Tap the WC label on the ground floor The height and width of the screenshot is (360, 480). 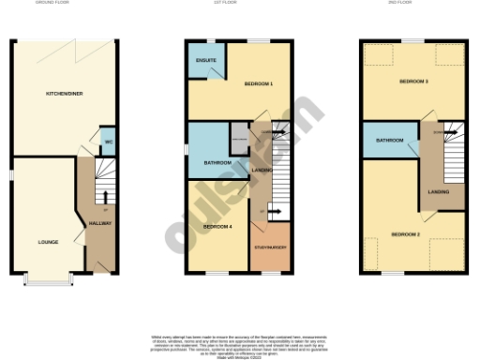108,142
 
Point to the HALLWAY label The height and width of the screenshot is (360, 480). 99,223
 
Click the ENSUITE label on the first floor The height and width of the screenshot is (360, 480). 206,62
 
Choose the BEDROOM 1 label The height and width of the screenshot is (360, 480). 259,83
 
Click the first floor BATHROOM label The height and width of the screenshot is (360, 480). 217,163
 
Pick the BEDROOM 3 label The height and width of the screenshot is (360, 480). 413,82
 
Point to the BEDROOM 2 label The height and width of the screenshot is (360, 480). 405,232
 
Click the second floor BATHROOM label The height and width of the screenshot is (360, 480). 390,141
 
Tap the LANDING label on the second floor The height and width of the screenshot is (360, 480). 438,191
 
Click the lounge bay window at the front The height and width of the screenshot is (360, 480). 51,278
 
